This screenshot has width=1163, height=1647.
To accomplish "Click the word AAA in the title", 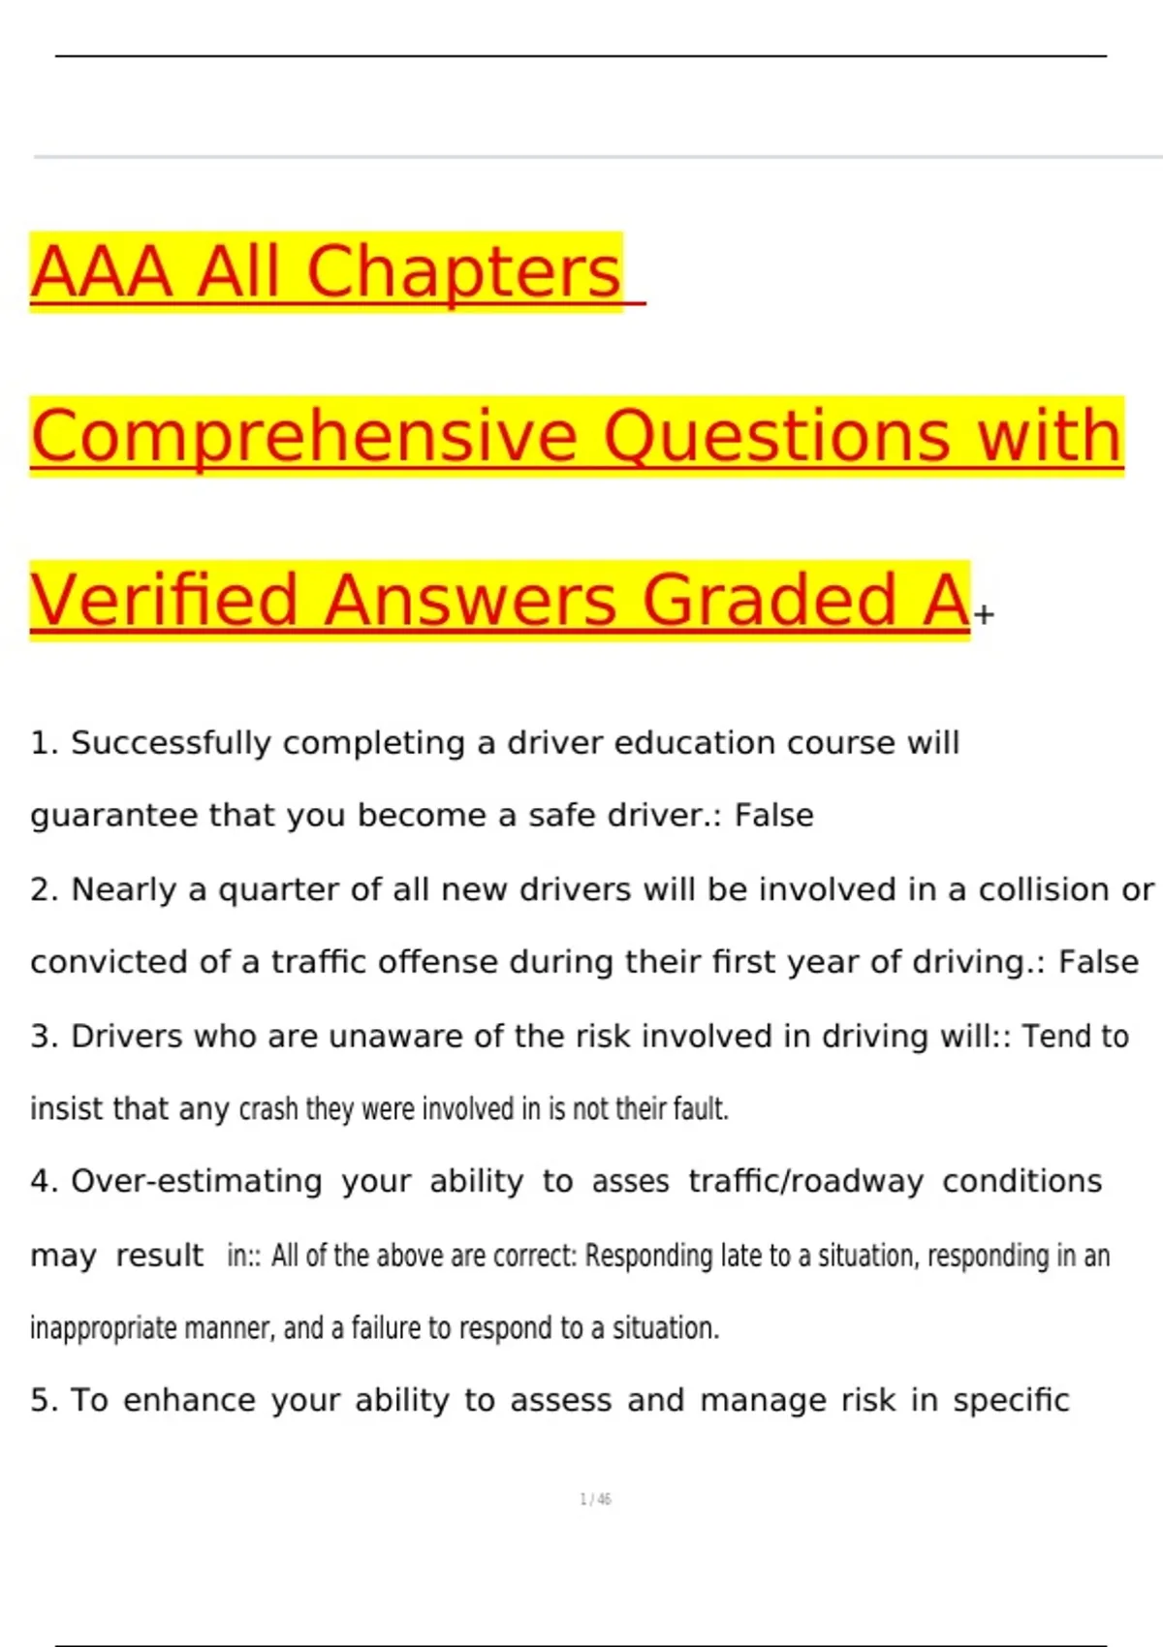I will [102, 272].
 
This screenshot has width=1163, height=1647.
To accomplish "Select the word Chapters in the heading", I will [463, 272].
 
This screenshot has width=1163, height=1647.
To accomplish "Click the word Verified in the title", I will [164, 601].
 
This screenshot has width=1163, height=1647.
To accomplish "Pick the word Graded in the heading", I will [770, 601].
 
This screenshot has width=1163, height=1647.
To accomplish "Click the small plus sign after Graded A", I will [984, 614].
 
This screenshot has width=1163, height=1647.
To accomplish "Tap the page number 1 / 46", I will [595, 1500].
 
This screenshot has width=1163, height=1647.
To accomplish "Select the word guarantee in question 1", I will [113, 816].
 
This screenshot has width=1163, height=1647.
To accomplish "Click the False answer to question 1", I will [773, 816].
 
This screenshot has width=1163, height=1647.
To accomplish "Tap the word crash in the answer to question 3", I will [267, 1108].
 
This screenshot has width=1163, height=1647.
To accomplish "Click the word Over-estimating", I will [197, 1181].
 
